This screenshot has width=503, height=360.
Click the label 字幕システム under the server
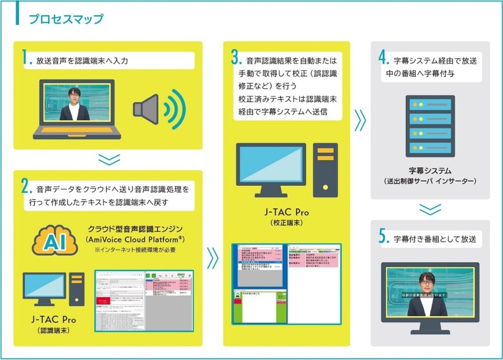point(430,170)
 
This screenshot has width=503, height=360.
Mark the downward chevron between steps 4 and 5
point(430,209)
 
